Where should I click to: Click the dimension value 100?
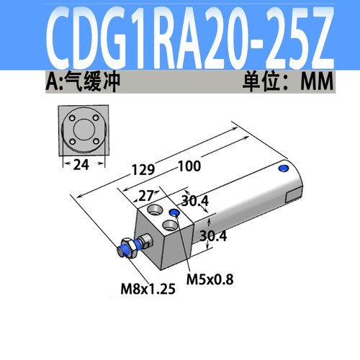tap(189, 167)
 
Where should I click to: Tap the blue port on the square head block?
tap(174, 213)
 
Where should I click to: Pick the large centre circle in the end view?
tap(83, 131)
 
